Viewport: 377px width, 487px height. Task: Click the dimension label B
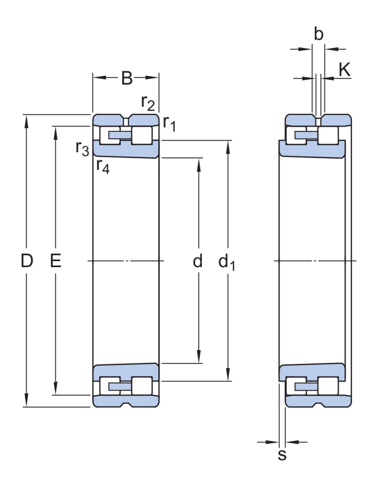click(x=127, y=78)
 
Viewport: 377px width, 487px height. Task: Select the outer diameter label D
click(x=27, y=261)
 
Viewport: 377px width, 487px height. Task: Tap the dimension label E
click(x=55, y=261)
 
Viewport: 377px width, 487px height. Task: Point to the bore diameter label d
click(x=197, y=261)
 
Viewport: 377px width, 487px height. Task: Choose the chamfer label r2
click(x=148, y=103)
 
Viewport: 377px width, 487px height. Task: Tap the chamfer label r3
click(x=82, y=147)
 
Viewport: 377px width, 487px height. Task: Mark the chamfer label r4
click(x=103, y=165)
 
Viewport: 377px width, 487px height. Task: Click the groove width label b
click(x=318, y=35)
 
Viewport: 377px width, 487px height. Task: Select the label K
click(x=344, y=70)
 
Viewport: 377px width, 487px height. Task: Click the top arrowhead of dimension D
click(x=27, y=120)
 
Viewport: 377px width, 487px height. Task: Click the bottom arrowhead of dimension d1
click(x=228, y=376)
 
